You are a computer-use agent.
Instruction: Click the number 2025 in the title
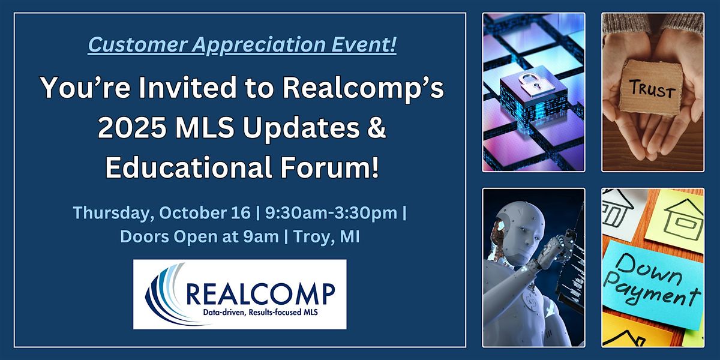(x=132, y=128)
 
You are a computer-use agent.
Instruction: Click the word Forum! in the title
(x=330, y=167)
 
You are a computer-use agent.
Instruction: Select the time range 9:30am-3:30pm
(x=331, y=214)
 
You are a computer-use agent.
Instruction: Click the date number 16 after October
(x=241, y=213)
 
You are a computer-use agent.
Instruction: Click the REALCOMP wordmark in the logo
(x=260, y=294)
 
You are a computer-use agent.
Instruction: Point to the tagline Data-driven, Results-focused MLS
(x=260, y=313)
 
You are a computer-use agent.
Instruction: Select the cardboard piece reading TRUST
(x=651, y=88)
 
